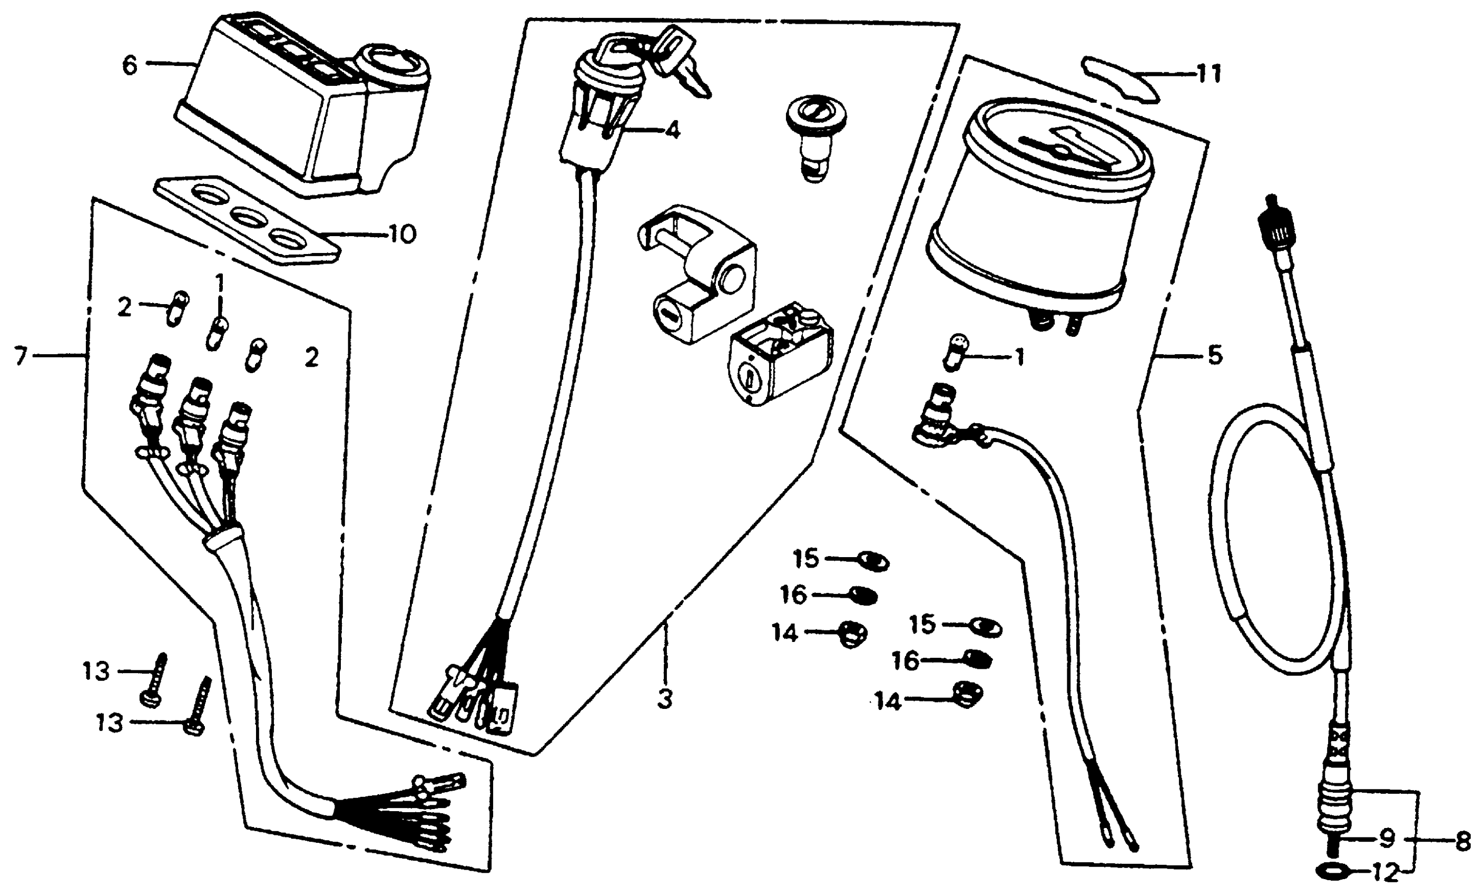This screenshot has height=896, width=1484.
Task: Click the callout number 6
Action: pyautogui.click(x=130, y=65)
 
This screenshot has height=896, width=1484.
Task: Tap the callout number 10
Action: pyautogui.click(x=402, y=234)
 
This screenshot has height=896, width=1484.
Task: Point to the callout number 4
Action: pyautogui.click(x=672, y=130)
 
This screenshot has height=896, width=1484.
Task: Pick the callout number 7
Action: pyautogui.click(x=21, y=357)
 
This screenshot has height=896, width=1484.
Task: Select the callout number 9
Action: pyautogui.click(x=1387, y=837)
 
